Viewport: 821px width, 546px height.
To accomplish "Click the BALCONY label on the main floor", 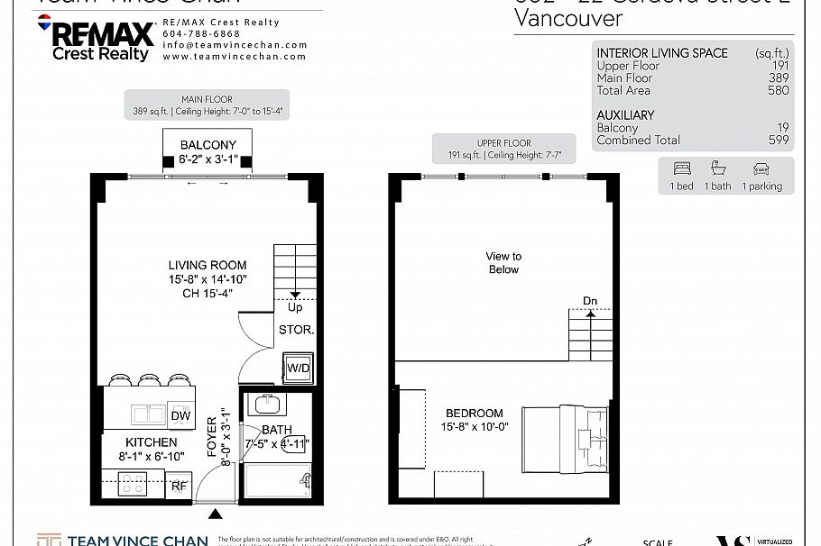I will tap(208, 145).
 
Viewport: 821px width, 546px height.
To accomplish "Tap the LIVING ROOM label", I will tap(208, 266).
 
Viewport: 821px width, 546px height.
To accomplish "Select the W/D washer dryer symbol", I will tap(297, 369).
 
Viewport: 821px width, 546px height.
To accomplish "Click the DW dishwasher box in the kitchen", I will tap(180, 415).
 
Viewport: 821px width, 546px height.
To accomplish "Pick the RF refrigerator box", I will tap(180, 487).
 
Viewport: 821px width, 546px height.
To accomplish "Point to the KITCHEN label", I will tap(152, 442).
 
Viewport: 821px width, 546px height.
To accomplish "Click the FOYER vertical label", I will tap(213, 437).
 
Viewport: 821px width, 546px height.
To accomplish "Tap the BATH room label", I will tap(276, 430).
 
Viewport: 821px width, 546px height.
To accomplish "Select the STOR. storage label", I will tap(296, 330).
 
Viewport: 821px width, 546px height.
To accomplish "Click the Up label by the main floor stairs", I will tap(295, 307).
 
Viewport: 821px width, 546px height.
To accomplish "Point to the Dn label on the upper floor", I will tap(590, 301).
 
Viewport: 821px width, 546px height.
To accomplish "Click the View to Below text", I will tap(503, 263).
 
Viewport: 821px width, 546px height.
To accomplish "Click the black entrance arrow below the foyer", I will tap(215, 514).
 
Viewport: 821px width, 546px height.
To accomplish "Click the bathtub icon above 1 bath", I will tap(719, 168).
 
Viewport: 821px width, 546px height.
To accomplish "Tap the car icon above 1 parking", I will tap(761, 168).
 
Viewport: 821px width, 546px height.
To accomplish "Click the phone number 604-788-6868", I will tap(195, 33).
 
